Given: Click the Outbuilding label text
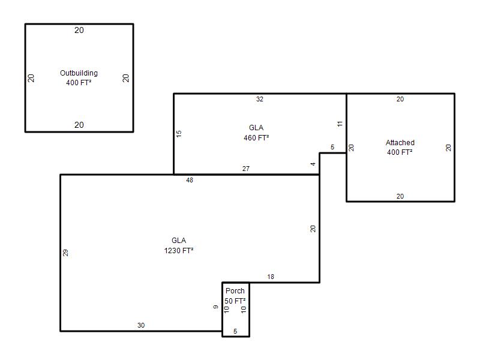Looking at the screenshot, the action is pos(79,73).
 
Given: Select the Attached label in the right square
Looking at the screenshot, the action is pos(400,142).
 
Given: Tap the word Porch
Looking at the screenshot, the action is pos(235,290).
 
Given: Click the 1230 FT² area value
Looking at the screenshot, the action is pos(179,250).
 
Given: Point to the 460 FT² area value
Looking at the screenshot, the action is pos(256,138).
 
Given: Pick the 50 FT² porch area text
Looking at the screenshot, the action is pos(235,301).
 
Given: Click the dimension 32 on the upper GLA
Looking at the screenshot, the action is pos(260,99).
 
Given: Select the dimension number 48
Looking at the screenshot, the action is pos(190,180).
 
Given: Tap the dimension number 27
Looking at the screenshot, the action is pos(246,169).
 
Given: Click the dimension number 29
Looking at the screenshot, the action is pos(65,253).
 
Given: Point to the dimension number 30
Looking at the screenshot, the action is pos(141,325).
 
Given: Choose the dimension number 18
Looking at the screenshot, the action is pos(271,277).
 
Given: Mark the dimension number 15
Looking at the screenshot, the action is pos(179,134).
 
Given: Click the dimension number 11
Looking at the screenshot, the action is pos(340,124).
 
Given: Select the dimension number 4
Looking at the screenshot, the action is pos(313,164).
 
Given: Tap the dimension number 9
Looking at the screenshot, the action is pos(216,307).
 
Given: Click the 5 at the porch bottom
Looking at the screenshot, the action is pos(235,331).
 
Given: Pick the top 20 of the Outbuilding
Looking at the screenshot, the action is pos(79,30).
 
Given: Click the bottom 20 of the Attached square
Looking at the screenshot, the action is pos(400,196).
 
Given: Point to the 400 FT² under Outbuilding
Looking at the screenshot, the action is pos(79,82).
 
